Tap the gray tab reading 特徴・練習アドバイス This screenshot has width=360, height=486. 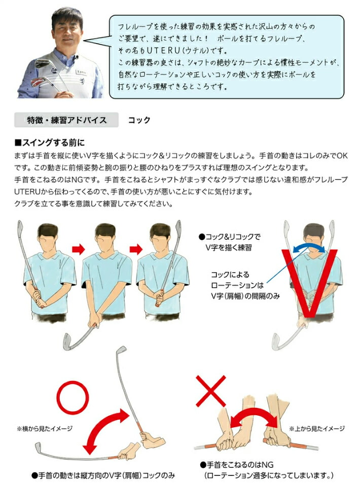(x=66, y=120)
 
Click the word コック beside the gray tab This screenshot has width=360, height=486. (x=139, y=120)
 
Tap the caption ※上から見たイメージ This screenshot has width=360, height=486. (x=316, y=429)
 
